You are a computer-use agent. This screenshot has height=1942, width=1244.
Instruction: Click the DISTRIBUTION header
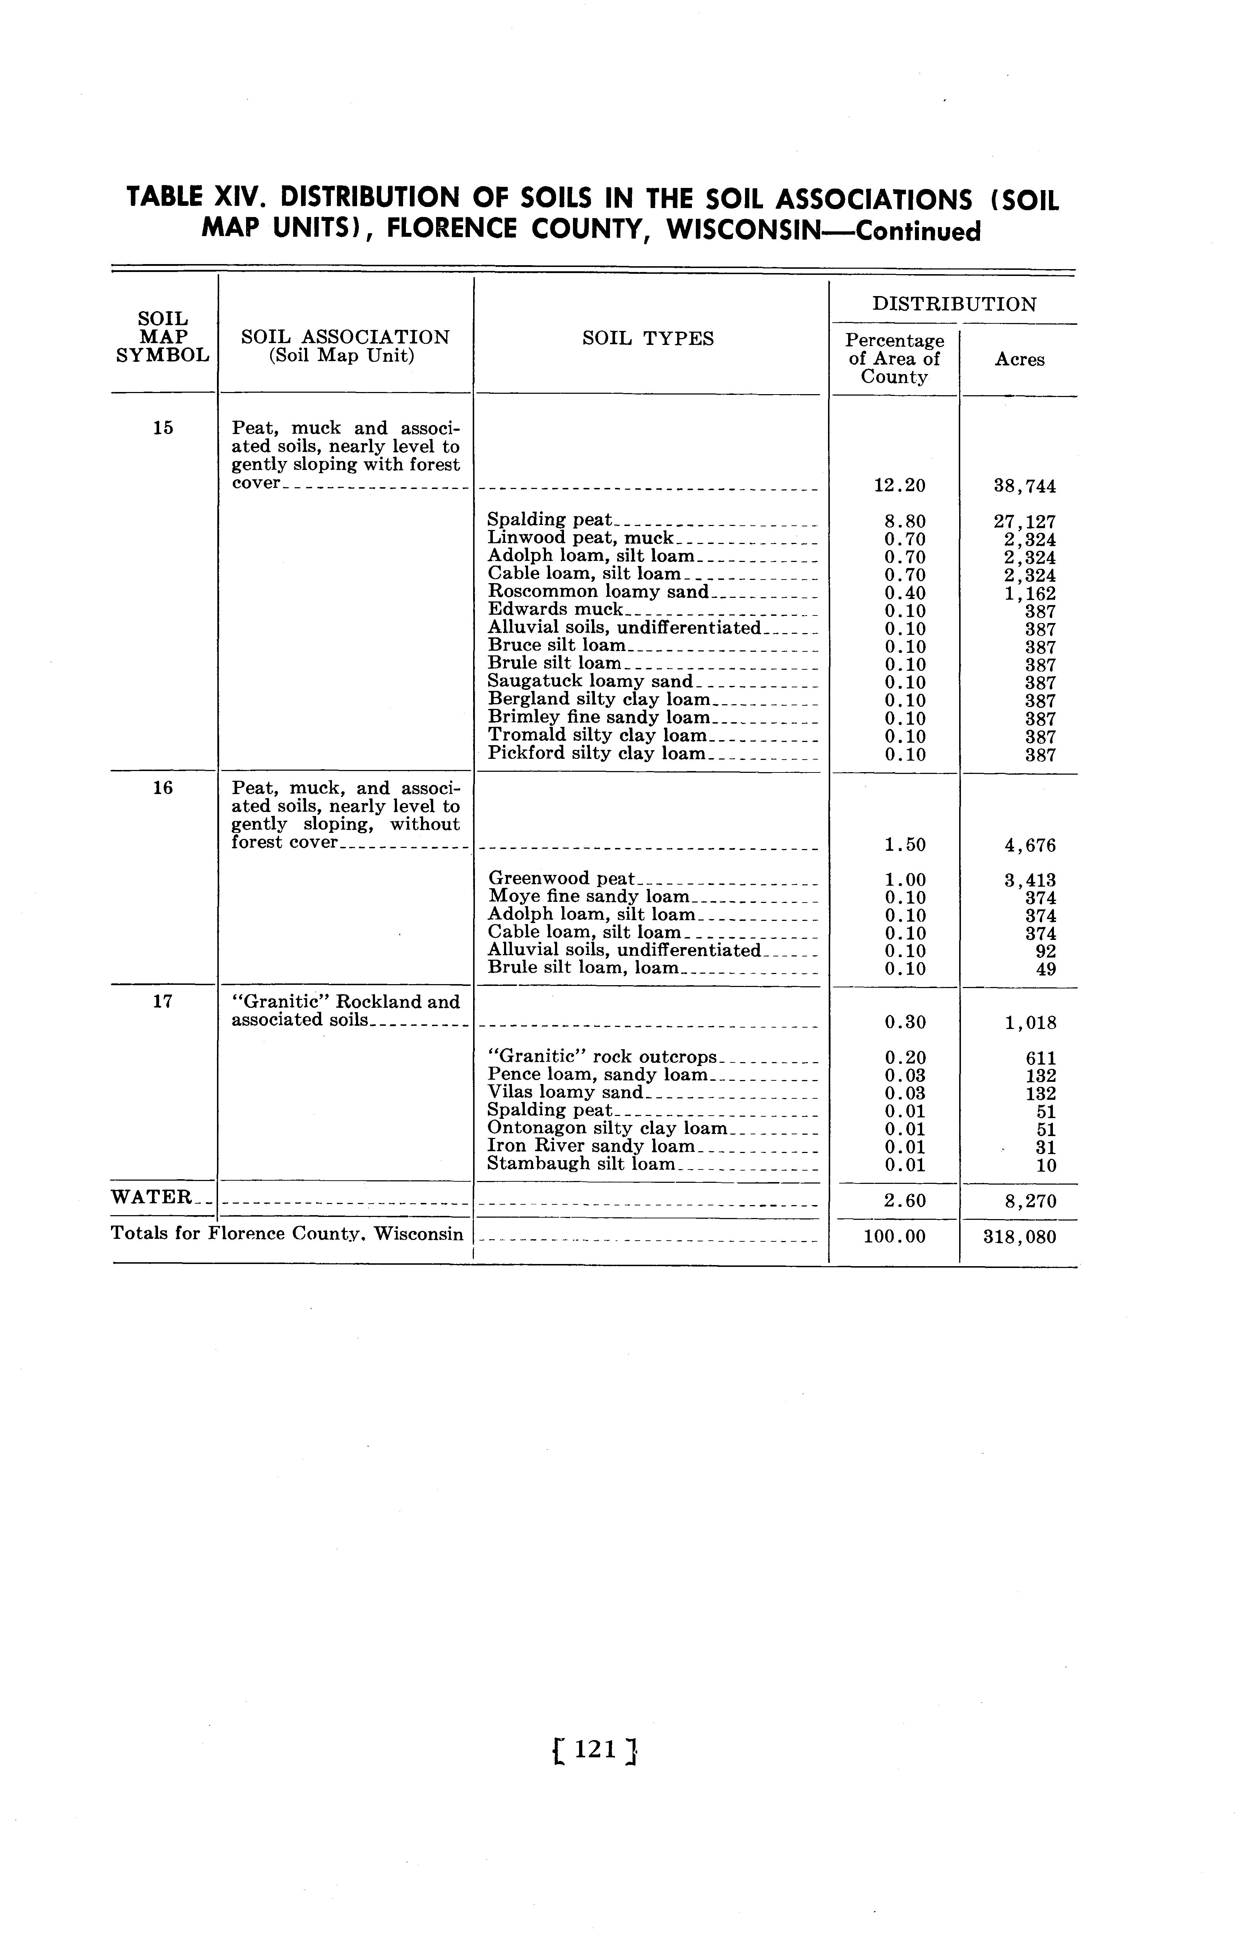[954, 305]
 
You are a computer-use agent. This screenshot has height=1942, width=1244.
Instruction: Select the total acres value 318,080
[1019, 1237]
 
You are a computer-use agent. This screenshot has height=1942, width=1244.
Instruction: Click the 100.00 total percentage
[894, 1237]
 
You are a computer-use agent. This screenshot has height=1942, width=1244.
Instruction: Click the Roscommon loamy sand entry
[598, 592]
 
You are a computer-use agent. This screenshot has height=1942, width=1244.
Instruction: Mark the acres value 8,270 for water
[1030, 1201]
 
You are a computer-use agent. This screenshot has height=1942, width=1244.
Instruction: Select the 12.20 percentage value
[900, 485]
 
